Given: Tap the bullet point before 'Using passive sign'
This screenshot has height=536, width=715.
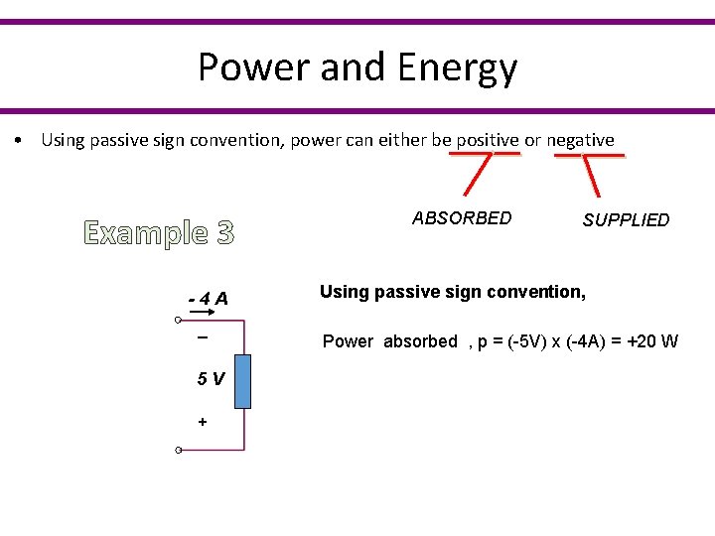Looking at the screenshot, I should [20, 141].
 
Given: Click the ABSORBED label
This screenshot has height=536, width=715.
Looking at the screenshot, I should [462, 218].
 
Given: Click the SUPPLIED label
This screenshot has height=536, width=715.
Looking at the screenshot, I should [626, 220].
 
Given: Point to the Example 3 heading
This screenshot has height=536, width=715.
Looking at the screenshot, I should [159, 233].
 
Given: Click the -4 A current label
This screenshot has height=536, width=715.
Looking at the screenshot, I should [209, 298].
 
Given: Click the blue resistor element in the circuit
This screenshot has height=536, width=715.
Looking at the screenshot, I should [242, 380].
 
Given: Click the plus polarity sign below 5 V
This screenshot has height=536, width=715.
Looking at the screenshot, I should [203, 422].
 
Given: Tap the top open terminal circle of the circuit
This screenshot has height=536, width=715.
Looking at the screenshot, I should [177, 321].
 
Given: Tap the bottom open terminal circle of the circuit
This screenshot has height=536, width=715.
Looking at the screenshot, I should [177, 451].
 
